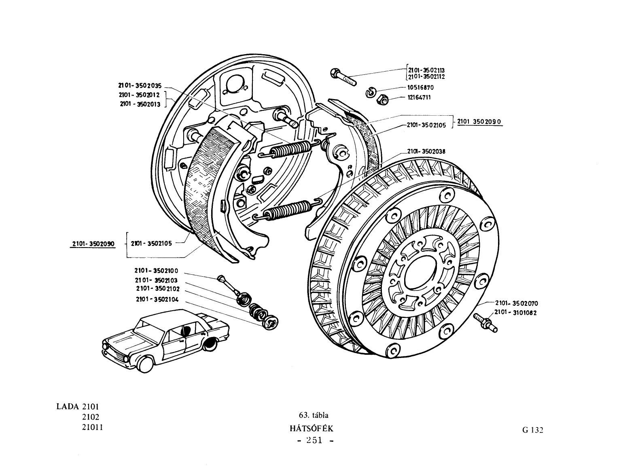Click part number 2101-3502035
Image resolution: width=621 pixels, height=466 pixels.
click(140, 85)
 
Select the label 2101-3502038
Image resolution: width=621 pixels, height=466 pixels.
click(426, 152)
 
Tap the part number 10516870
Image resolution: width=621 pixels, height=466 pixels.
click(420, 88)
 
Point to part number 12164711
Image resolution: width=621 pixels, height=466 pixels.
click(419, 97)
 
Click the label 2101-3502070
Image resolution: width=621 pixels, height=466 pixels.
click(517, 303)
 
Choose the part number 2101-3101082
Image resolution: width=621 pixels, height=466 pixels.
click(515, 313)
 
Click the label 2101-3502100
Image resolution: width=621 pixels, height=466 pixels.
click(157, 271)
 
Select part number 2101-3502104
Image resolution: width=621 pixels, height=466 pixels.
click(157, 299)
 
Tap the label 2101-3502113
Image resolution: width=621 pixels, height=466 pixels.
click(426, 70)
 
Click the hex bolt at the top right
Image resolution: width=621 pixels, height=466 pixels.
click(343, 77)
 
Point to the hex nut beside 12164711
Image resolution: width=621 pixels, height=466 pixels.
click(382, 99)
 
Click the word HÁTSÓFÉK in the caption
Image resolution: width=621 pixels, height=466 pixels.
click(312, 429)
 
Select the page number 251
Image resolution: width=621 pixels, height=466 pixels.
click(314, 440)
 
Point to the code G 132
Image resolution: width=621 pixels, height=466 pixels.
click(533, 430)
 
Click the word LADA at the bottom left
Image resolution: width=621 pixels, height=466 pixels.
click(68, 407)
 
